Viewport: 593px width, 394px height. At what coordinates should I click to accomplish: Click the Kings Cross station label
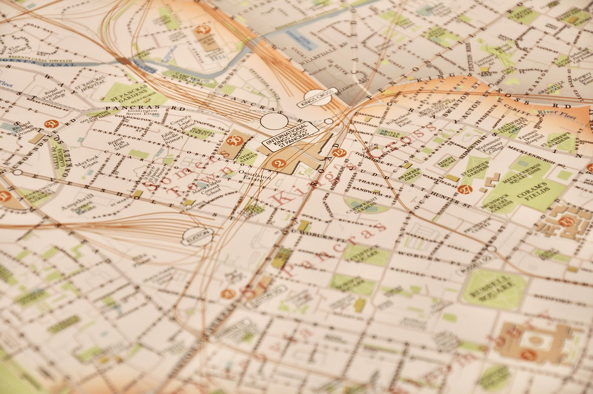[317, 97]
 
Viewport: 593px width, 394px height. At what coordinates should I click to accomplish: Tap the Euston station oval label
[198, 236]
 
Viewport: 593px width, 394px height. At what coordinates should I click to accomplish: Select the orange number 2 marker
[278, 163]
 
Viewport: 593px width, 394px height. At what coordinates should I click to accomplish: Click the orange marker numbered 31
[51, 124]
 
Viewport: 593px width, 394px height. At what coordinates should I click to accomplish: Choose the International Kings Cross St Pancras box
[290, 136]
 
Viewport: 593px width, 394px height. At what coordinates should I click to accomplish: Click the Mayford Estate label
[89, 162]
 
